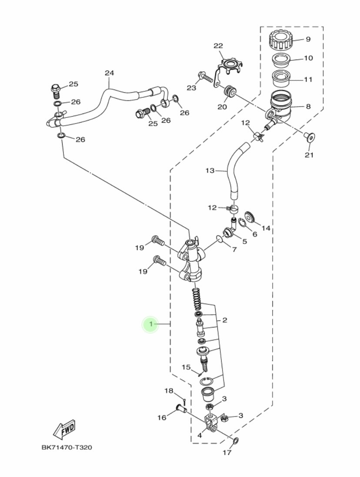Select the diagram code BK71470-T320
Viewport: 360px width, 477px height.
67,447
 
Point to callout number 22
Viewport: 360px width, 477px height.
218,46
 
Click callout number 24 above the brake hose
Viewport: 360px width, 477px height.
110,73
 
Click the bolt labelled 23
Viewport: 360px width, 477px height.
205,77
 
